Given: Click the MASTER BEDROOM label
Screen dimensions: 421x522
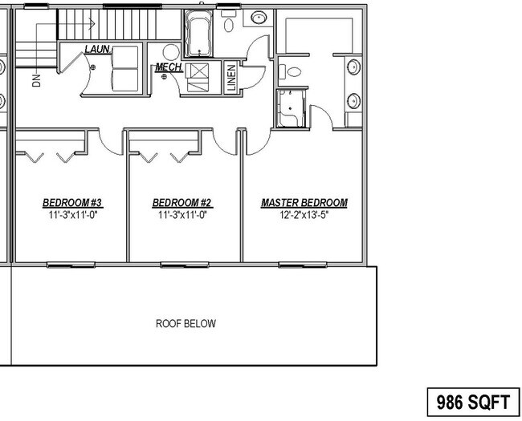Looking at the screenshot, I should pyautogui.click(x=304, y=203).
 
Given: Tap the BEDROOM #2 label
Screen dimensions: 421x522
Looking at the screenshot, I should pyautogui.click(x=181, y=203).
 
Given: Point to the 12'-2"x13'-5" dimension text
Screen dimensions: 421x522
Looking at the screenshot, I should pyautogui.click(x=304, y=215).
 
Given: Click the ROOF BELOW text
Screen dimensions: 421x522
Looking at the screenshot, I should pyautogui.click(x=186, y=324).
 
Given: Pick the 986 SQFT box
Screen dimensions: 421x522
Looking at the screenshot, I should pyautogui.click(x=473, y=400).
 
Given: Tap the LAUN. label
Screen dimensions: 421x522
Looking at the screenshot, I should pyautogui.click(x=97, y=50).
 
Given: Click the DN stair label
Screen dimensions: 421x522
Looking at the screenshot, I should pyautogui.click(x=35, y=79).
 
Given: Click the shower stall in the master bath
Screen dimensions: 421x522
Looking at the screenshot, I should pyautogui.click(x=290, y=108).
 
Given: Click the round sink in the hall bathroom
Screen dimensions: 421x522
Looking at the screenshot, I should pyautogui.click(x=259, y=18).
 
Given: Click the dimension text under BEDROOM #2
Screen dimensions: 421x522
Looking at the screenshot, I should pyautogui.click(x=181, y=215).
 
